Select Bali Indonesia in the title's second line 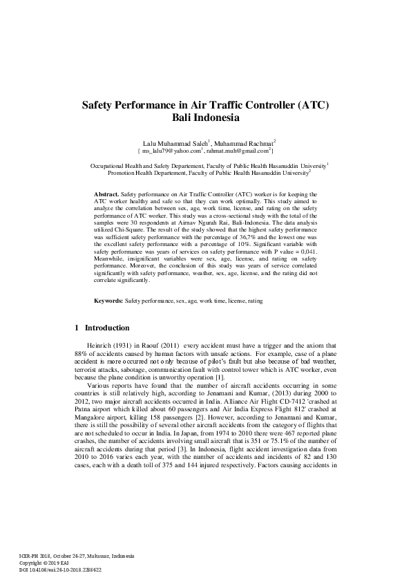click(205, 119)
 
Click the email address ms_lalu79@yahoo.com click(171, 150)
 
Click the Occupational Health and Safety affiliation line click(204, 166)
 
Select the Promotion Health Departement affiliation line click(204, 173)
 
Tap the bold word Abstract click(106, 195)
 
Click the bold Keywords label click(108, 321)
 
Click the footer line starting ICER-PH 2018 click(77, 556)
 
